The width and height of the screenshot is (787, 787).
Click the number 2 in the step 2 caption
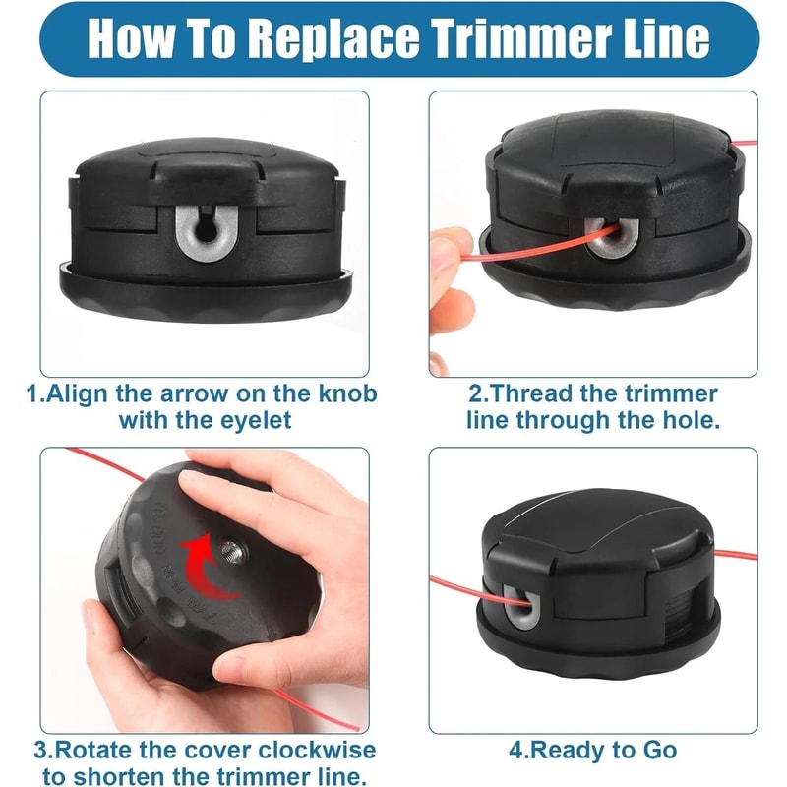[475, 394]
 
